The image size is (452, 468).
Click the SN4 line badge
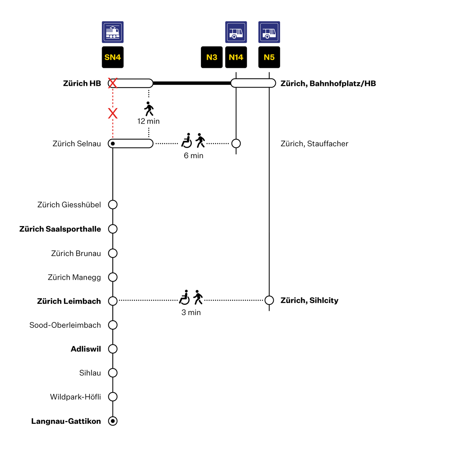pyautogui.click(x=113, y=57)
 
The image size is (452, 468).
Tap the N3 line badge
pyautogui.click(x=212, y=57)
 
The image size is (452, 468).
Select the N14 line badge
pyautogui.click(x=236, y=57)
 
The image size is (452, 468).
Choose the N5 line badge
pyautogui.click(x=269, y=57)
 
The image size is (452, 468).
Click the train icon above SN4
pyautogui.click(x=113, y=32)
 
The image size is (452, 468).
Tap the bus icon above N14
pyautogui.click(x=236, y=32)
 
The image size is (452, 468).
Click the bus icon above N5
pyautogui.click(x=269, y=32)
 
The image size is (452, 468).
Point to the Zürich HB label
pyautogui.click(x=82, y=83)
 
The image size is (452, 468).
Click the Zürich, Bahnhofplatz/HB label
pyautogui.click(x=328, y=83)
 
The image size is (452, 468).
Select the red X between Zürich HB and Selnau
pyautogui.click(x=113, y=113)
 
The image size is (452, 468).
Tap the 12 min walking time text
pyautogui.click(x=148, y=121)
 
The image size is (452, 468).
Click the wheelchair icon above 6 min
pyautogui.click(x=186, y=141)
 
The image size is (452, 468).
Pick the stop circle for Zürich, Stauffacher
pyautogui.click(x=236, y=143)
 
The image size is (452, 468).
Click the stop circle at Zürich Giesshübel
pyautogui.click(x=113, y=205)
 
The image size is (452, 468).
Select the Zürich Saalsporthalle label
pyautogui.click(x=60, y=229)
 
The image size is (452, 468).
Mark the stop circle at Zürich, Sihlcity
pyautogui.click(x=269, y=300)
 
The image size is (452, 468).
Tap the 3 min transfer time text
pyautogui.click(x=191, y=312)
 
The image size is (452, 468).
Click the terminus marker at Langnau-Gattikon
pyautogui.click(x=113, y=421)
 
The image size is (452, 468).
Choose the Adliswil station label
pyautogui.click(x=86, y=349)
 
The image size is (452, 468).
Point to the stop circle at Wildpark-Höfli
pyautogui.click(x=113, y=397)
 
